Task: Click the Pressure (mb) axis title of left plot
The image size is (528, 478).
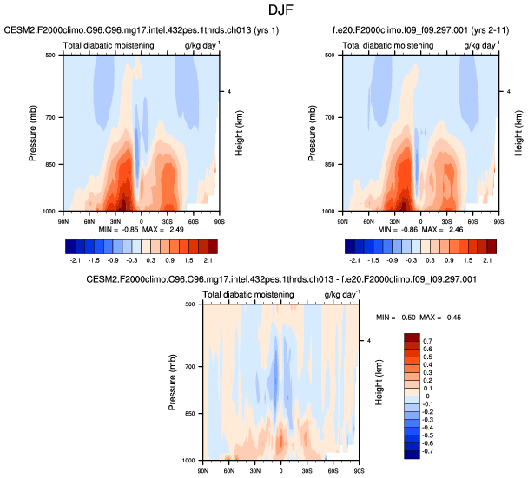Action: [32, 132]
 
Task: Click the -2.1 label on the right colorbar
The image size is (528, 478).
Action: [354, 259]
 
